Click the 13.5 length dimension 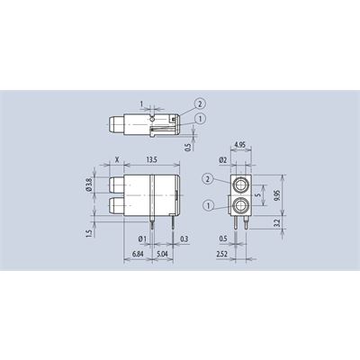(x=151, y=159)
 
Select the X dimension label (x=118, y=159)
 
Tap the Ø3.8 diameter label (x=89, y=184)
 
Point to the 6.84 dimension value (x=138, y=254)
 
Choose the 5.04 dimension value (x=162, y=254)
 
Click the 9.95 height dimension (x=276, y=195)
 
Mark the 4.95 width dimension (x=240, y=145)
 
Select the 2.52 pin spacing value (x=222, y=254)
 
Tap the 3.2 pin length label (x=276, y=222)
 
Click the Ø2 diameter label (x=222, y=160)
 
